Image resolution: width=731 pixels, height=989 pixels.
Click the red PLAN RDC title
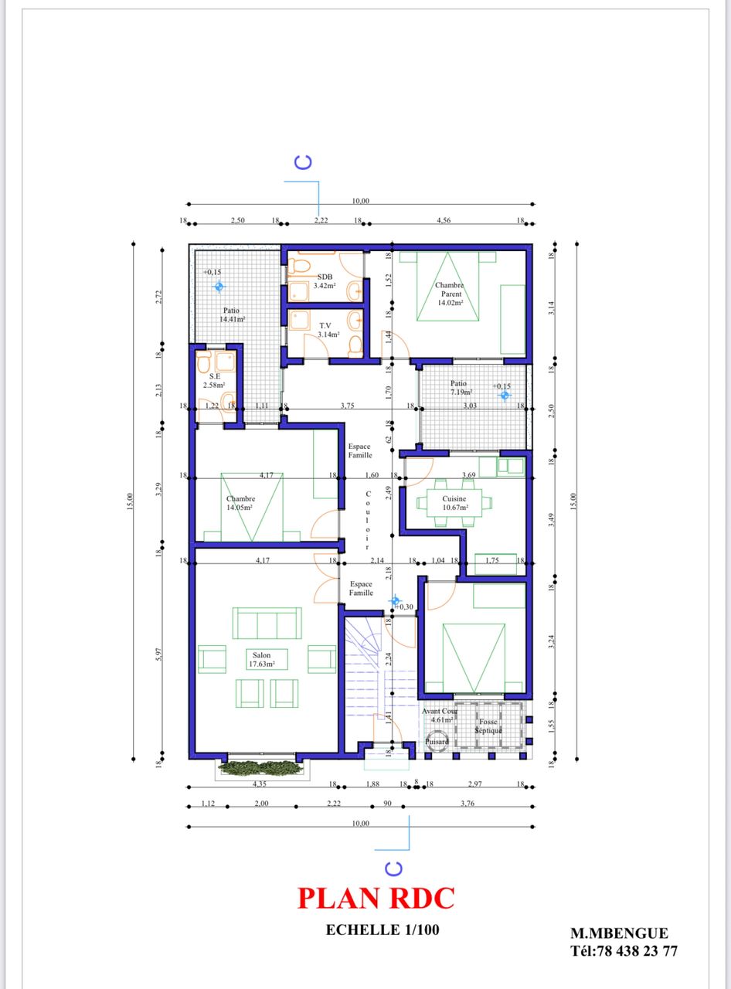376,898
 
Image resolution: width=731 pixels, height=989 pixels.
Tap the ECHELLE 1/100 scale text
382,930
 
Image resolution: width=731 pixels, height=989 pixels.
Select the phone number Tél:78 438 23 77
624,951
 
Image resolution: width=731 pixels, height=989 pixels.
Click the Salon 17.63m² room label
262,658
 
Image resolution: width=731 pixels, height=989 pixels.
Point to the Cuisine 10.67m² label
454,503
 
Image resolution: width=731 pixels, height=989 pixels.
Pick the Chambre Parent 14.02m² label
448,294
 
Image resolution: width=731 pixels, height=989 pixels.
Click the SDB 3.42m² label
324,281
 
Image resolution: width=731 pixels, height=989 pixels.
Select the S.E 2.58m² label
214,380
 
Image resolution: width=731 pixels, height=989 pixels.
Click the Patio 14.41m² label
232,314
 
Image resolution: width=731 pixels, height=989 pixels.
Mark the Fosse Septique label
488,726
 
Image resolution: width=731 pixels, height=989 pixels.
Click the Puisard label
437,741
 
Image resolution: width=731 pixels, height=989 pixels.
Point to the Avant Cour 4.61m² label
439,715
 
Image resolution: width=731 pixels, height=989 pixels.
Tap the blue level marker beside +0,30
395,600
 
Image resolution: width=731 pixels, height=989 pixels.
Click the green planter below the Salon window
260,767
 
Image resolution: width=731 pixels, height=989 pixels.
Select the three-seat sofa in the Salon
267,623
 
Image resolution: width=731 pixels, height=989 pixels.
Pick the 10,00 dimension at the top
360,201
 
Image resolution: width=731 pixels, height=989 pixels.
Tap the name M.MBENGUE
619,933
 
